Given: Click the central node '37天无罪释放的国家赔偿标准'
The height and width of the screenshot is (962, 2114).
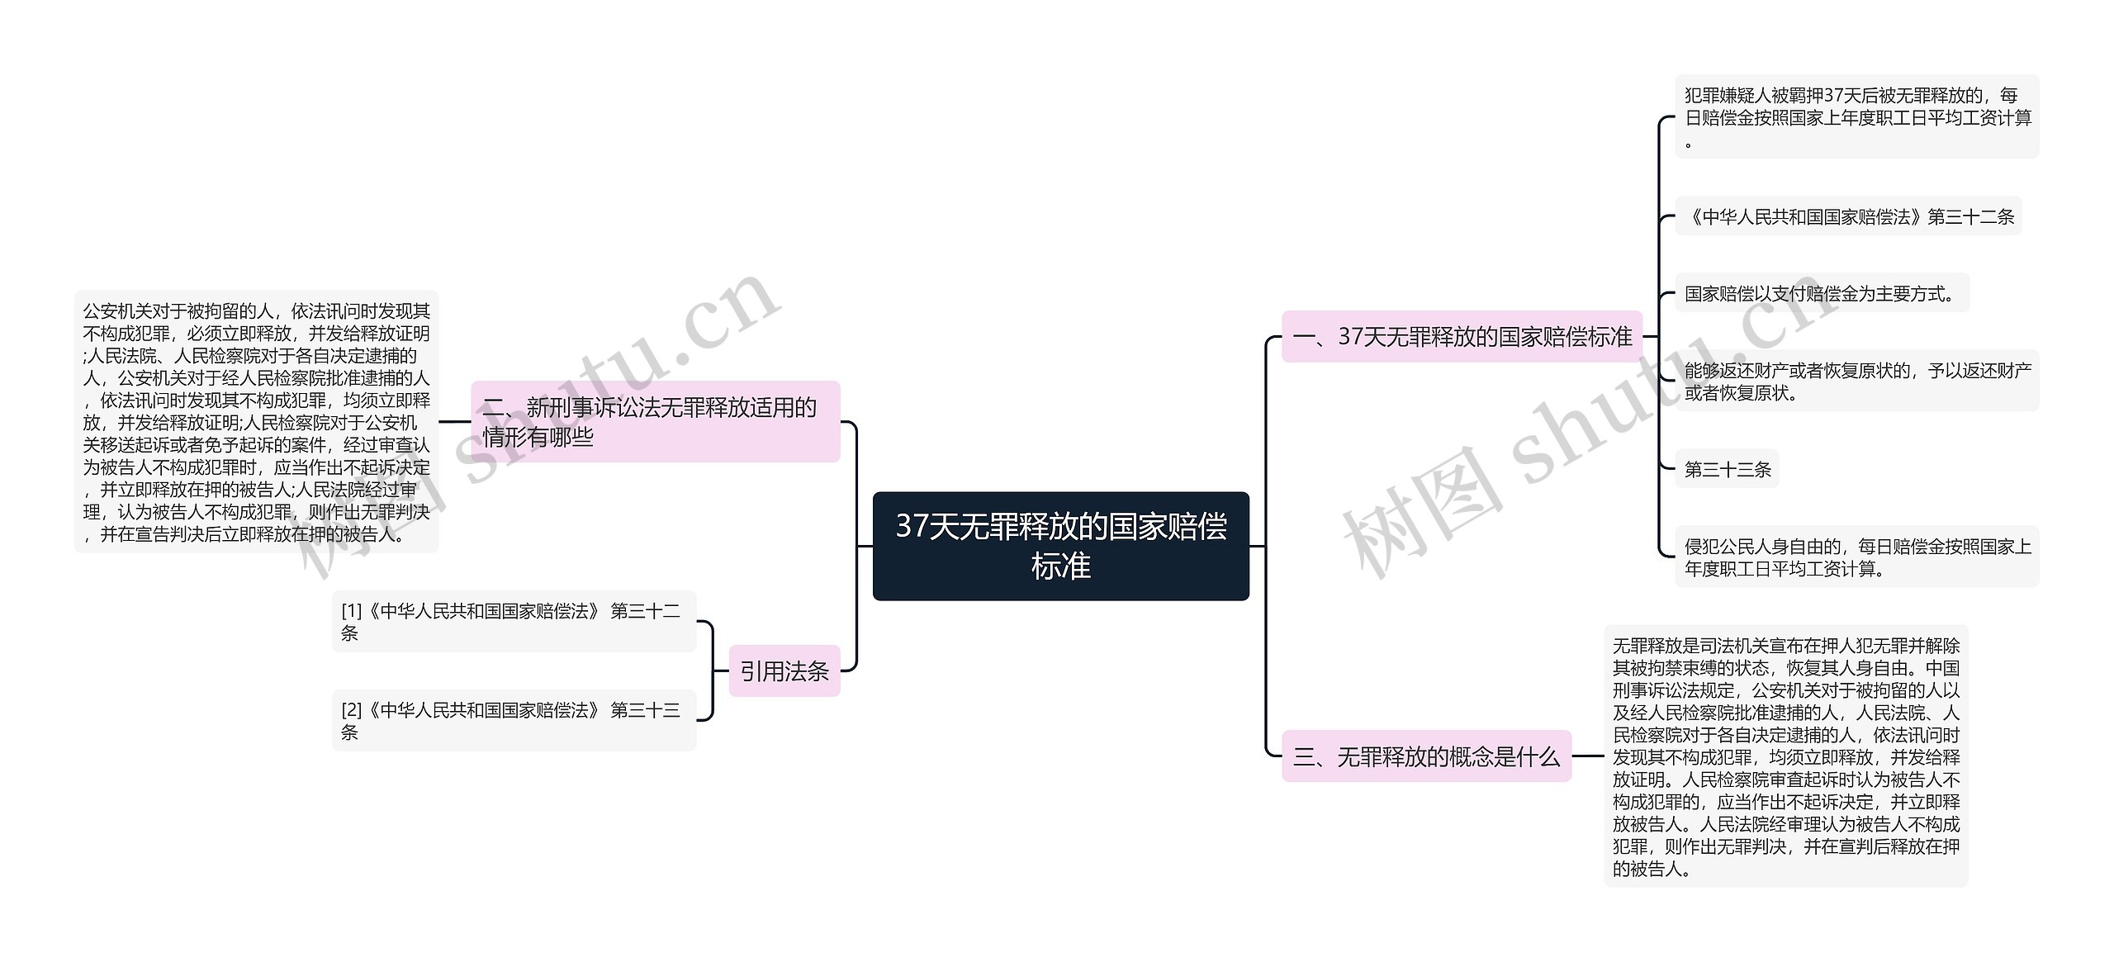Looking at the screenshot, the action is (x=1060, y=546).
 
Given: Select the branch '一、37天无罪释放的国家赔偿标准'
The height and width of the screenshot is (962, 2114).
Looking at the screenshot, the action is (x=1462, y=337).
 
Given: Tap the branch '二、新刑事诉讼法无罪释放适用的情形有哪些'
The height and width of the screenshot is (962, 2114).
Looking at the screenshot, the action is (x=655, y=422).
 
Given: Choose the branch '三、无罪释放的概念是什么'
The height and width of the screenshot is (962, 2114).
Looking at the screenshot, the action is (x=1426, y=756).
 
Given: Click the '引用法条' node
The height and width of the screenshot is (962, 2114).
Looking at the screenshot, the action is (x=784, y=671).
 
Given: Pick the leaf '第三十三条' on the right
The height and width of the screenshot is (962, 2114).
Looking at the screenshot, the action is (x=1728, y=470).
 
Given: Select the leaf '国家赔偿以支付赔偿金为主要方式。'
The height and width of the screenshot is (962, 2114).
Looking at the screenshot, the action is (x=1821, y=294).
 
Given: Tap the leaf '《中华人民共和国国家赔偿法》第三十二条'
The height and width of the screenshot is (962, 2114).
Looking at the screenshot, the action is (x=1848, y=217).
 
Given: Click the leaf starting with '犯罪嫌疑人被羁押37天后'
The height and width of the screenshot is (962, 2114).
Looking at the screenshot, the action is (x=1856, y=117).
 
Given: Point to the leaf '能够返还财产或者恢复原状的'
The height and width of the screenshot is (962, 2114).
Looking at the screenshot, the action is (x=1856, y=381).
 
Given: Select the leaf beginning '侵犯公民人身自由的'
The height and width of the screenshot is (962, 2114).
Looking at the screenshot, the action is (x=1856, y=557).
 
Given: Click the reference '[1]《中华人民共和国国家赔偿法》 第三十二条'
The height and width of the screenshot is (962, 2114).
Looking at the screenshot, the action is (x=514, y=622).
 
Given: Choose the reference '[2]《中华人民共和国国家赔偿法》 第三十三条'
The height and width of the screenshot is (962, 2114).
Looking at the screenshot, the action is (x=514, y=721).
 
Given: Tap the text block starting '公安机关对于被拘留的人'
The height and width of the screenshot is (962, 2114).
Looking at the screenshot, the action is (x=256, y=422).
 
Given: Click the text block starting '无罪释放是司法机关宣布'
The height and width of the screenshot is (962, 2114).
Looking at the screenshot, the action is (x=1785, y=756).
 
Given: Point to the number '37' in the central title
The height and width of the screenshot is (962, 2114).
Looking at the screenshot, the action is (x=912, y=527).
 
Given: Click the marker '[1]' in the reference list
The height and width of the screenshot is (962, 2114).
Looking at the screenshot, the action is (x=351, y=611).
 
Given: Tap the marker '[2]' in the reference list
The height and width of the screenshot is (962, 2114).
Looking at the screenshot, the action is (x=351, y=710).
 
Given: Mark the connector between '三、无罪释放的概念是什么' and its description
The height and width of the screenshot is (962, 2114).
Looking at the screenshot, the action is (x=1587, y=756).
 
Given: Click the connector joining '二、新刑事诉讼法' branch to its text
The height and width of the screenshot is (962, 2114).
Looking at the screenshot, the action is (x=454, y=422).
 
